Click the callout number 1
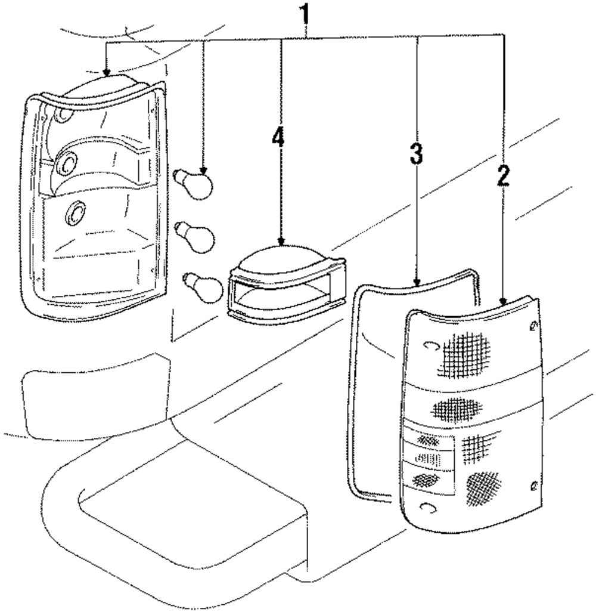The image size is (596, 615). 304,15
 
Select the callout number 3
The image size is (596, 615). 416,153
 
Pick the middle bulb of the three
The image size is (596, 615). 195,236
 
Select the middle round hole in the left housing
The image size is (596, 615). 67,163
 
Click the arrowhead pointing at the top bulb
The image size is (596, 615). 203,170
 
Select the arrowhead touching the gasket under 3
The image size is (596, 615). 417,282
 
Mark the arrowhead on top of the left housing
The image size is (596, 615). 106,72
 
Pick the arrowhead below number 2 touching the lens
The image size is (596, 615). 504,301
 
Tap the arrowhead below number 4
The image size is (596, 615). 281,242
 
